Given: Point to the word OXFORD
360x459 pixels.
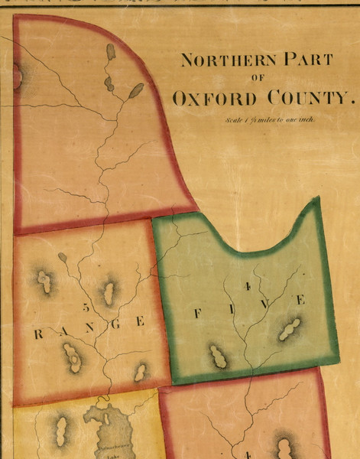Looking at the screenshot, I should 216,99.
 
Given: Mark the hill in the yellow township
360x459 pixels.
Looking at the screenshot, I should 60,431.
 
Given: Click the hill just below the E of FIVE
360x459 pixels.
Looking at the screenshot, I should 289,330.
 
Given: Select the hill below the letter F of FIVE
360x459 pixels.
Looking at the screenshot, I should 218,356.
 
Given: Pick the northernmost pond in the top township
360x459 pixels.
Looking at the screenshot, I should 111,52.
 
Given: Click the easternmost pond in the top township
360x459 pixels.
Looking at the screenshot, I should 135,91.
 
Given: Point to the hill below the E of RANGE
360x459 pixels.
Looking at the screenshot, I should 141,373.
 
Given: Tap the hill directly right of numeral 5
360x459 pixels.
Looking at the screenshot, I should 109,291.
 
